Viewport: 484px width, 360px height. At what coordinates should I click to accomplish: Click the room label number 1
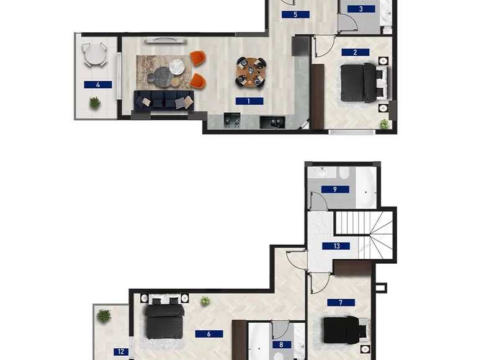249,101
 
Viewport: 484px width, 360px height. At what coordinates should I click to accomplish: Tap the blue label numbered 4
98,84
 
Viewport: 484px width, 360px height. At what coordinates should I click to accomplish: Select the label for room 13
336,246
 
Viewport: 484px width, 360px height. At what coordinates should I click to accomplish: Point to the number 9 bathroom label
335,189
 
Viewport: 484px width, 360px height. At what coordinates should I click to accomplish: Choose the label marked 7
341,302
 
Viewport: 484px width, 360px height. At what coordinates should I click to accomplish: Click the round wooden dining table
251,73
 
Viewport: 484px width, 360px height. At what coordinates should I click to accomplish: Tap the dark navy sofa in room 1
164,101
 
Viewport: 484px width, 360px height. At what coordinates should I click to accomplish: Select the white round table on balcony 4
95,55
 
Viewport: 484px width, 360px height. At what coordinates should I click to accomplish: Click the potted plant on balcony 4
95,102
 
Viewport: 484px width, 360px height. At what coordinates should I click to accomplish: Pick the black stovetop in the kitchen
232,120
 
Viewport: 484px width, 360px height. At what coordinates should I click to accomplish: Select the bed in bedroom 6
165,317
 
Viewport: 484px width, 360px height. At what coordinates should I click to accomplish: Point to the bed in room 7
346,330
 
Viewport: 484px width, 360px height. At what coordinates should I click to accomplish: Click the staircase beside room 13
364,235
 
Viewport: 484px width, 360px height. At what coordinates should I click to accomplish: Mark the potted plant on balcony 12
104,316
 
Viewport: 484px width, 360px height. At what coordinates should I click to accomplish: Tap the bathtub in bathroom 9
365,187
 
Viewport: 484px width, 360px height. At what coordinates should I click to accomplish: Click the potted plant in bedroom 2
384,124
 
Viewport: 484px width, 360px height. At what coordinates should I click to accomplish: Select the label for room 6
209,334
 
